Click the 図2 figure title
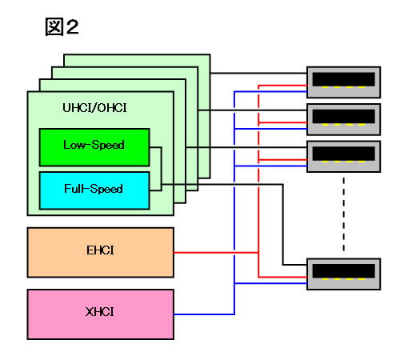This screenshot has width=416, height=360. (x=62, y=26)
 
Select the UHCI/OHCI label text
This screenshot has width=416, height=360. (x=94, y=108)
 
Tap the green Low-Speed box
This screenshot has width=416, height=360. (x=94, y=147)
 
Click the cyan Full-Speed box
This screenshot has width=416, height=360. (x=94, y=190)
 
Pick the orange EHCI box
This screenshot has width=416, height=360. (x=101, y=253)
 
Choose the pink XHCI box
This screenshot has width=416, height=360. (x=101, y=314)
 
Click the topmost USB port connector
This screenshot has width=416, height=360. (x=344, y=82)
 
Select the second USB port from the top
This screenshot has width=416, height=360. (x=344, y=119)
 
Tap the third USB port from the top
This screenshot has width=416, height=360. (x=344, y=157)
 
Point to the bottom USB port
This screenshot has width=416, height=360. (x=344, y=274)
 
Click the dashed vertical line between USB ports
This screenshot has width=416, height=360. (x=344, y=214)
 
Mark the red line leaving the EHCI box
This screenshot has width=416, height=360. (x=216, y=253)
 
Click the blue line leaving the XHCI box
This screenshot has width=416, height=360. (x=204, y=314)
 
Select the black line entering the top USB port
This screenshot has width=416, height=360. (x=258, y=73)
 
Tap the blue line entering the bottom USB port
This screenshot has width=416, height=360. (x=270, y=283)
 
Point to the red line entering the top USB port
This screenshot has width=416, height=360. (x=282, y=86)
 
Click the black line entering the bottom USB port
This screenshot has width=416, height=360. (x=295, y=265)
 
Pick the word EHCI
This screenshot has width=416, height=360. (x=100, y=250)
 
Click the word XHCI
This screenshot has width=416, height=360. (x=100, y=312)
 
